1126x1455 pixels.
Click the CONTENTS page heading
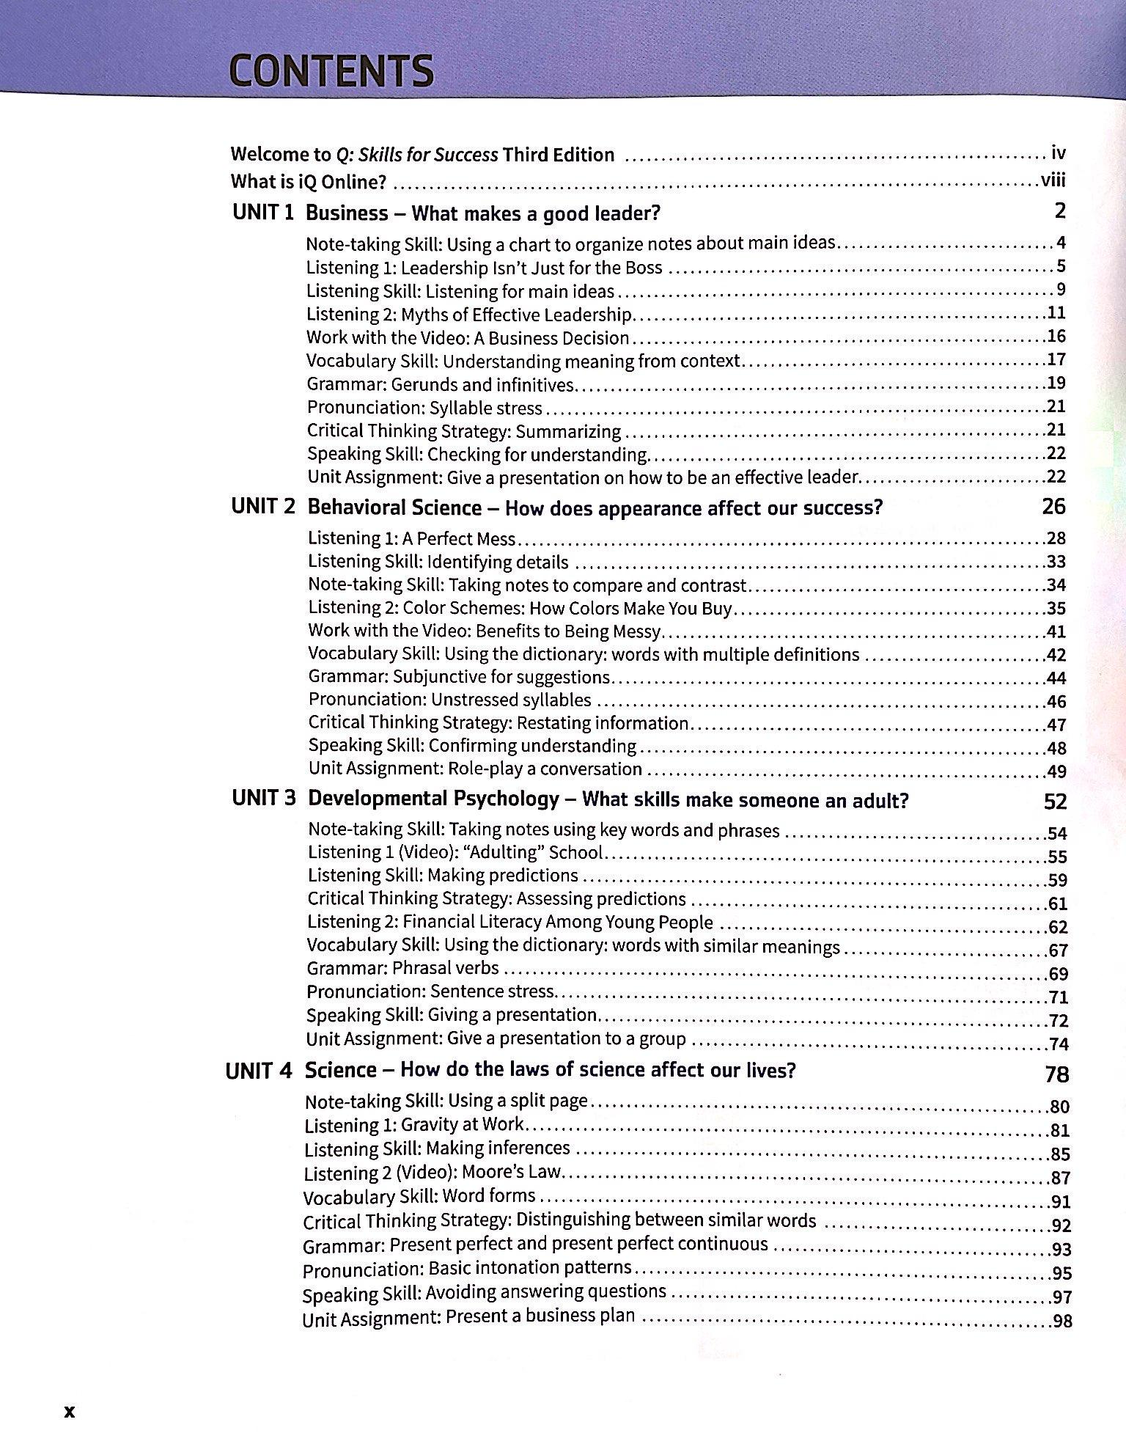pyautogui.click(x=331, y=72)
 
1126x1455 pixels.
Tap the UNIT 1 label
pyautogui.click(x=262, y=213)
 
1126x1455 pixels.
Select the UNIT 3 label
pyautogui.click(x=263, y=798)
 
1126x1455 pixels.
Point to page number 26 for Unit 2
pyautogui.click(x=1053, y=507)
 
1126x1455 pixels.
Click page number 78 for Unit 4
pyautogui.click(x=1056, y=1074)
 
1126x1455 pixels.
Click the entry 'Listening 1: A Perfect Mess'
pyautogui.click(x=411, y=539)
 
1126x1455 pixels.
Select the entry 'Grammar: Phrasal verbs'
pyautogui.click(x=402, y=969)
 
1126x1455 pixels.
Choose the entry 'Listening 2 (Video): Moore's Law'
pyautogui.click(x=433, y=1172)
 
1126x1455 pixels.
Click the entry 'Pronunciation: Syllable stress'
pyautogui.click(x=424, y=408)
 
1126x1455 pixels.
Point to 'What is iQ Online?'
pyautogui.click(x=308, y=181)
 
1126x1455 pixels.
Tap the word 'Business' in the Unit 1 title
pyautogui.click(x=346, y=213)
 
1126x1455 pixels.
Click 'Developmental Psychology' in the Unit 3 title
pyautogui.click(x=433, y=799)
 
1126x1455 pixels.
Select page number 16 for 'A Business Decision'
pyautogui.click(x=1056, y=337)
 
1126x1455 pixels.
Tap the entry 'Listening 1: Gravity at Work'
pyautogui.click(x=414, y=1124)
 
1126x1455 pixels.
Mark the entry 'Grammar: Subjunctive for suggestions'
pyautogui.click(x=459, y=677)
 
